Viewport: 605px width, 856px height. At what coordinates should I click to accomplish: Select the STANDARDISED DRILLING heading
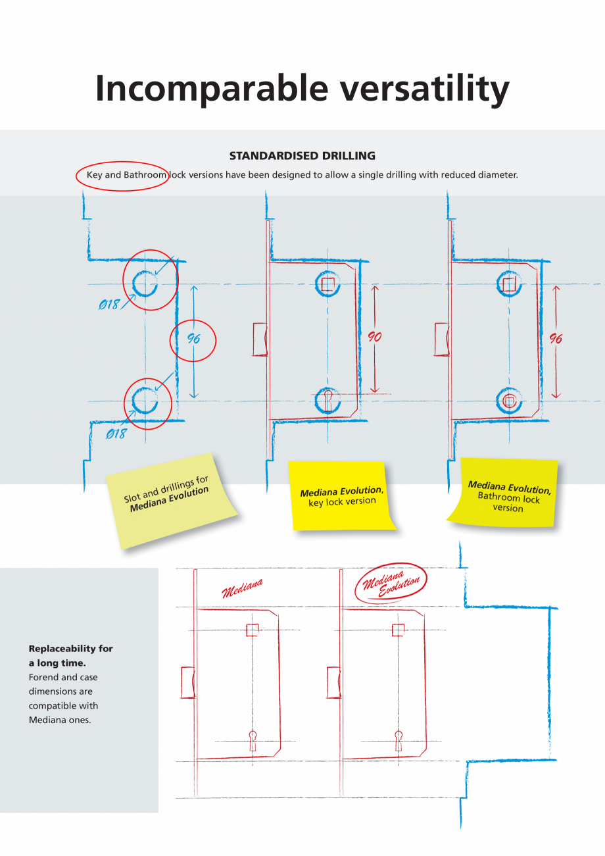click(x=302, y=156)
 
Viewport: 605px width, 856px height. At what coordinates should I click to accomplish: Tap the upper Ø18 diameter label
click(x=109, y=305)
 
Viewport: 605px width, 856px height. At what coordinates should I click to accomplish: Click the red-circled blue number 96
click(x=193, y=340)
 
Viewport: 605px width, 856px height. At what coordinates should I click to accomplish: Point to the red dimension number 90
click(x=374, y=337)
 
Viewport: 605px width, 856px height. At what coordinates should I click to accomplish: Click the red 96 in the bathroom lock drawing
click(x=556, y=338)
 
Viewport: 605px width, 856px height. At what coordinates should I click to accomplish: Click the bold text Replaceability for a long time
click(x=70, y=655)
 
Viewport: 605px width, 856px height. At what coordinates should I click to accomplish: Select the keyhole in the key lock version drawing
click(x=327, y=399)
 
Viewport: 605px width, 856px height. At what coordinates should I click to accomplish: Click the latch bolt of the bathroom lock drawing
click(x=443, y=339)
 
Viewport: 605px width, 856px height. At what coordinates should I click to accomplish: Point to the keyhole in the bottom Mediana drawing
click(x=253, y=740)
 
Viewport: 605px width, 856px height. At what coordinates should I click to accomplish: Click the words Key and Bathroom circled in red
click(x=126, y=176)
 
